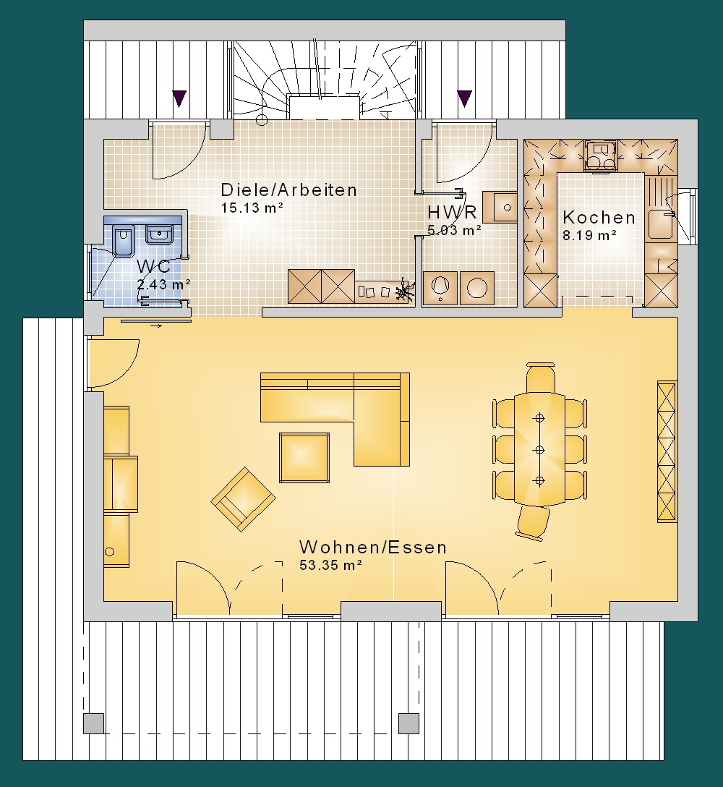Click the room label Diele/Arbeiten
pos(289,190)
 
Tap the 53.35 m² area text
pos(330,565)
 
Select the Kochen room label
pos(599,217)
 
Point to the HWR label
pos(452,213)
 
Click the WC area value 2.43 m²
pos(164,284)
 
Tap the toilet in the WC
pos(124,240)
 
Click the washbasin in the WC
pos(160,234)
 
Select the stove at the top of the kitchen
pos(601,156)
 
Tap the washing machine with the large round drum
pos(477,288)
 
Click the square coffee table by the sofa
pos(304,458)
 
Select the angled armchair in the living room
pos(244,499)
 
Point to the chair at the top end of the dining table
pos(540,377)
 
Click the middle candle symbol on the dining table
pos(539,449)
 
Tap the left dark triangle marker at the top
pos(179,98)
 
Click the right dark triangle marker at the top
pos(465,98)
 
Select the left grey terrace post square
pos(94,723)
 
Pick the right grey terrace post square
pos(409,723)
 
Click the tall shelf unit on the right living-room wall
pos(667,451)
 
